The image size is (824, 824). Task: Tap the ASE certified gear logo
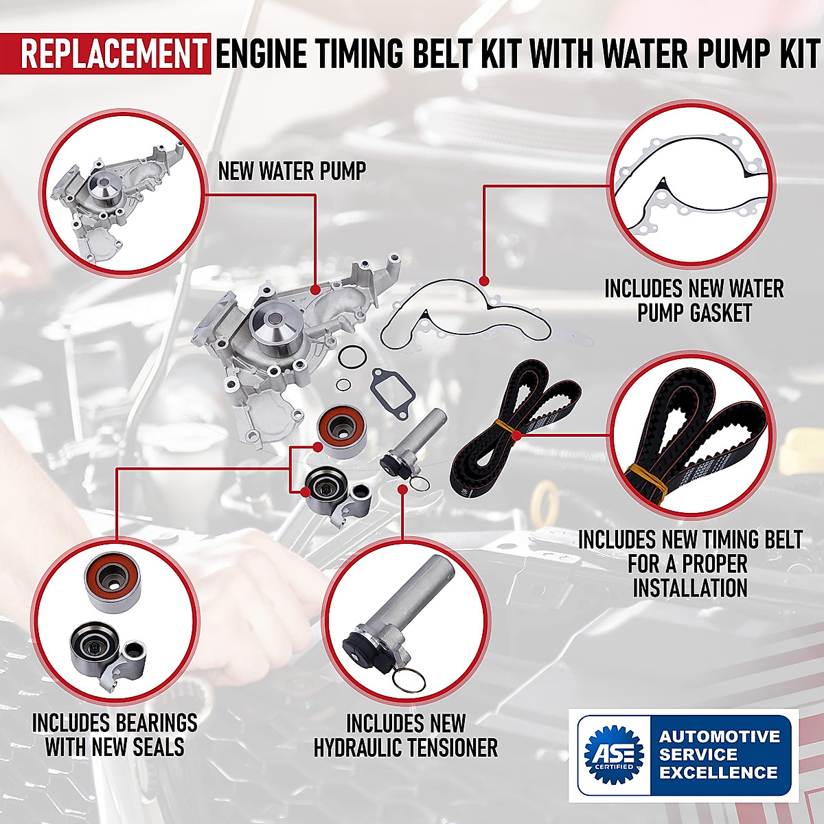coord(613,754)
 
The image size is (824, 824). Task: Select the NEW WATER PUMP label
coord(292,172)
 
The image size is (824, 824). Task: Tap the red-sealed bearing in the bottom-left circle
coord(113,580)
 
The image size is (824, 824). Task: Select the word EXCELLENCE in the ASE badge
coord(719,772)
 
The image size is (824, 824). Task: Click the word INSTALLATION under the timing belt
coord(689,588)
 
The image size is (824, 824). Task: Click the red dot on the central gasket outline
coord(484,281)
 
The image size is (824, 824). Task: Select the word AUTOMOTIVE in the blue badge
coord(719,736)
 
